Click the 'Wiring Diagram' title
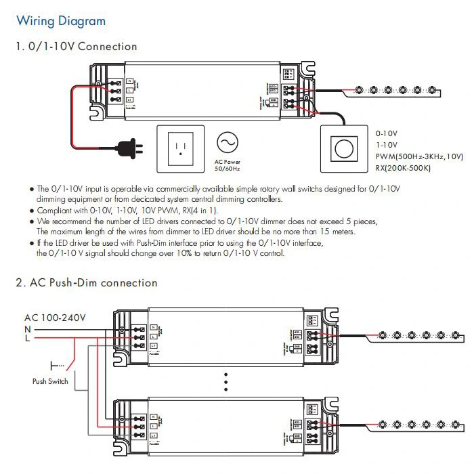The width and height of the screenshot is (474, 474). click(61, 21)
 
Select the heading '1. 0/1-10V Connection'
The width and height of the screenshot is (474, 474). click(77, 47)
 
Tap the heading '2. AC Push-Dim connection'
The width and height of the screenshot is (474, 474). click(87, 283)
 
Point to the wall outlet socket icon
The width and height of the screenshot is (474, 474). click(181, 146)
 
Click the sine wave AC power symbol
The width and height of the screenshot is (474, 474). click(227, 142)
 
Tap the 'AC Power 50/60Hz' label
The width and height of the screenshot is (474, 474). click(227, 165)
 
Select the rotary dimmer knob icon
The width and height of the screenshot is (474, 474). click(343, 146)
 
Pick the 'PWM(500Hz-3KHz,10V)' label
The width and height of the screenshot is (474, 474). click(419, 156)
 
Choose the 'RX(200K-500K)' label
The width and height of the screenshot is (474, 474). click(403, 167)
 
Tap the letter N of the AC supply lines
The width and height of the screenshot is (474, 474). click(28, 328)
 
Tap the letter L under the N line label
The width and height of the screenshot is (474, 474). click(28, 338)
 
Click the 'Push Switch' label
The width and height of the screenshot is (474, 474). click(50, 382)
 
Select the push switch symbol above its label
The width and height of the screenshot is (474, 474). click(57, 366)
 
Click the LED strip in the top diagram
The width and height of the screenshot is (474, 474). click(396, 90)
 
